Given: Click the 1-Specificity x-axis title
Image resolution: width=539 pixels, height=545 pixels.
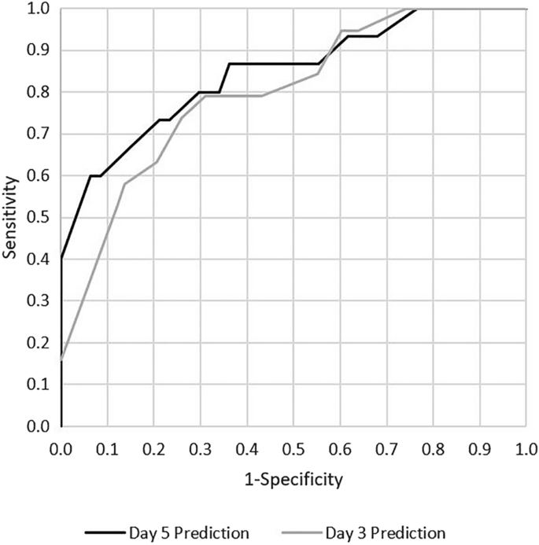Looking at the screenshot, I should [293, 477].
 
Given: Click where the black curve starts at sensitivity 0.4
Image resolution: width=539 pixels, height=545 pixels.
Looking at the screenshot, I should [61, 260].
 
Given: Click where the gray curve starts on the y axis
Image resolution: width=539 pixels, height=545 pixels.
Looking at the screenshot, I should [61, 360].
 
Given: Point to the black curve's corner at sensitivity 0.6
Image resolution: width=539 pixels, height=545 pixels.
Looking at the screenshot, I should [90, 176].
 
